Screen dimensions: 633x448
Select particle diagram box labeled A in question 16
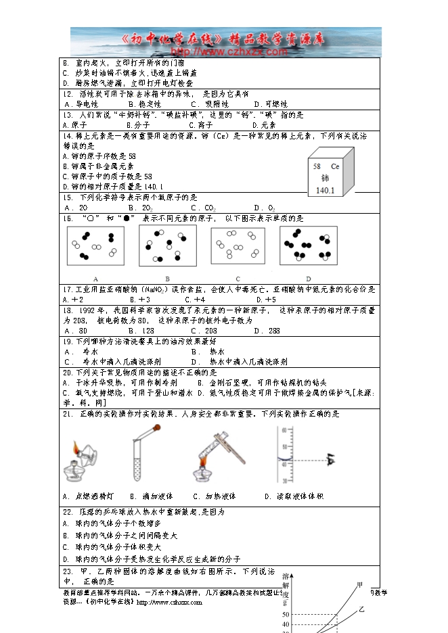95,247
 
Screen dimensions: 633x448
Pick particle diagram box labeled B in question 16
167,245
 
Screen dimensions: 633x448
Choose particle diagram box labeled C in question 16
238,245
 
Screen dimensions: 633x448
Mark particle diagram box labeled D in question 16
308,245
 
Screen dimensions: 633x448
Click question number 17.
68,289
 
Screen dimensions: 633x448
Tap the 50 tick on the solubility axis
285,615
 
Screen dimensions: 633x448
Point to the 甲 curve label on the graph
359,584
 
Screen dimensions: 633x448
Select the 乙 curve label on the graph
361,609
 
